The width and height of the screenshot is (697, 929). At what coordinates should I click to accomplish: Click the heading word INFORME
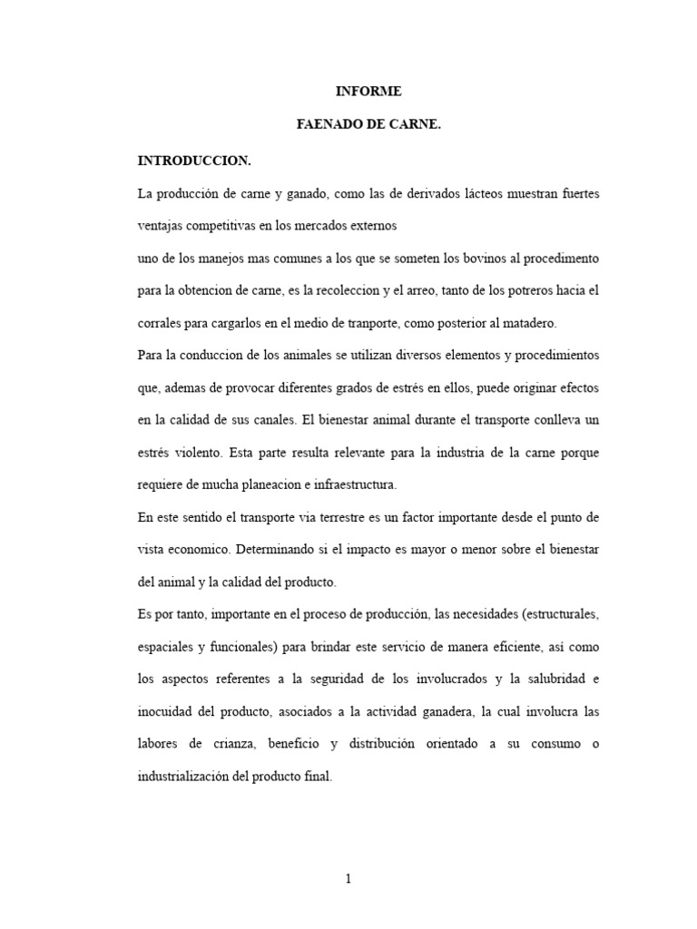coord(368,92)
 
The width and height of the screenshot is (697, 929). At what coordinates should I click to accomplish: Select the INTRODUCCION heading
coord(193,161)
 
